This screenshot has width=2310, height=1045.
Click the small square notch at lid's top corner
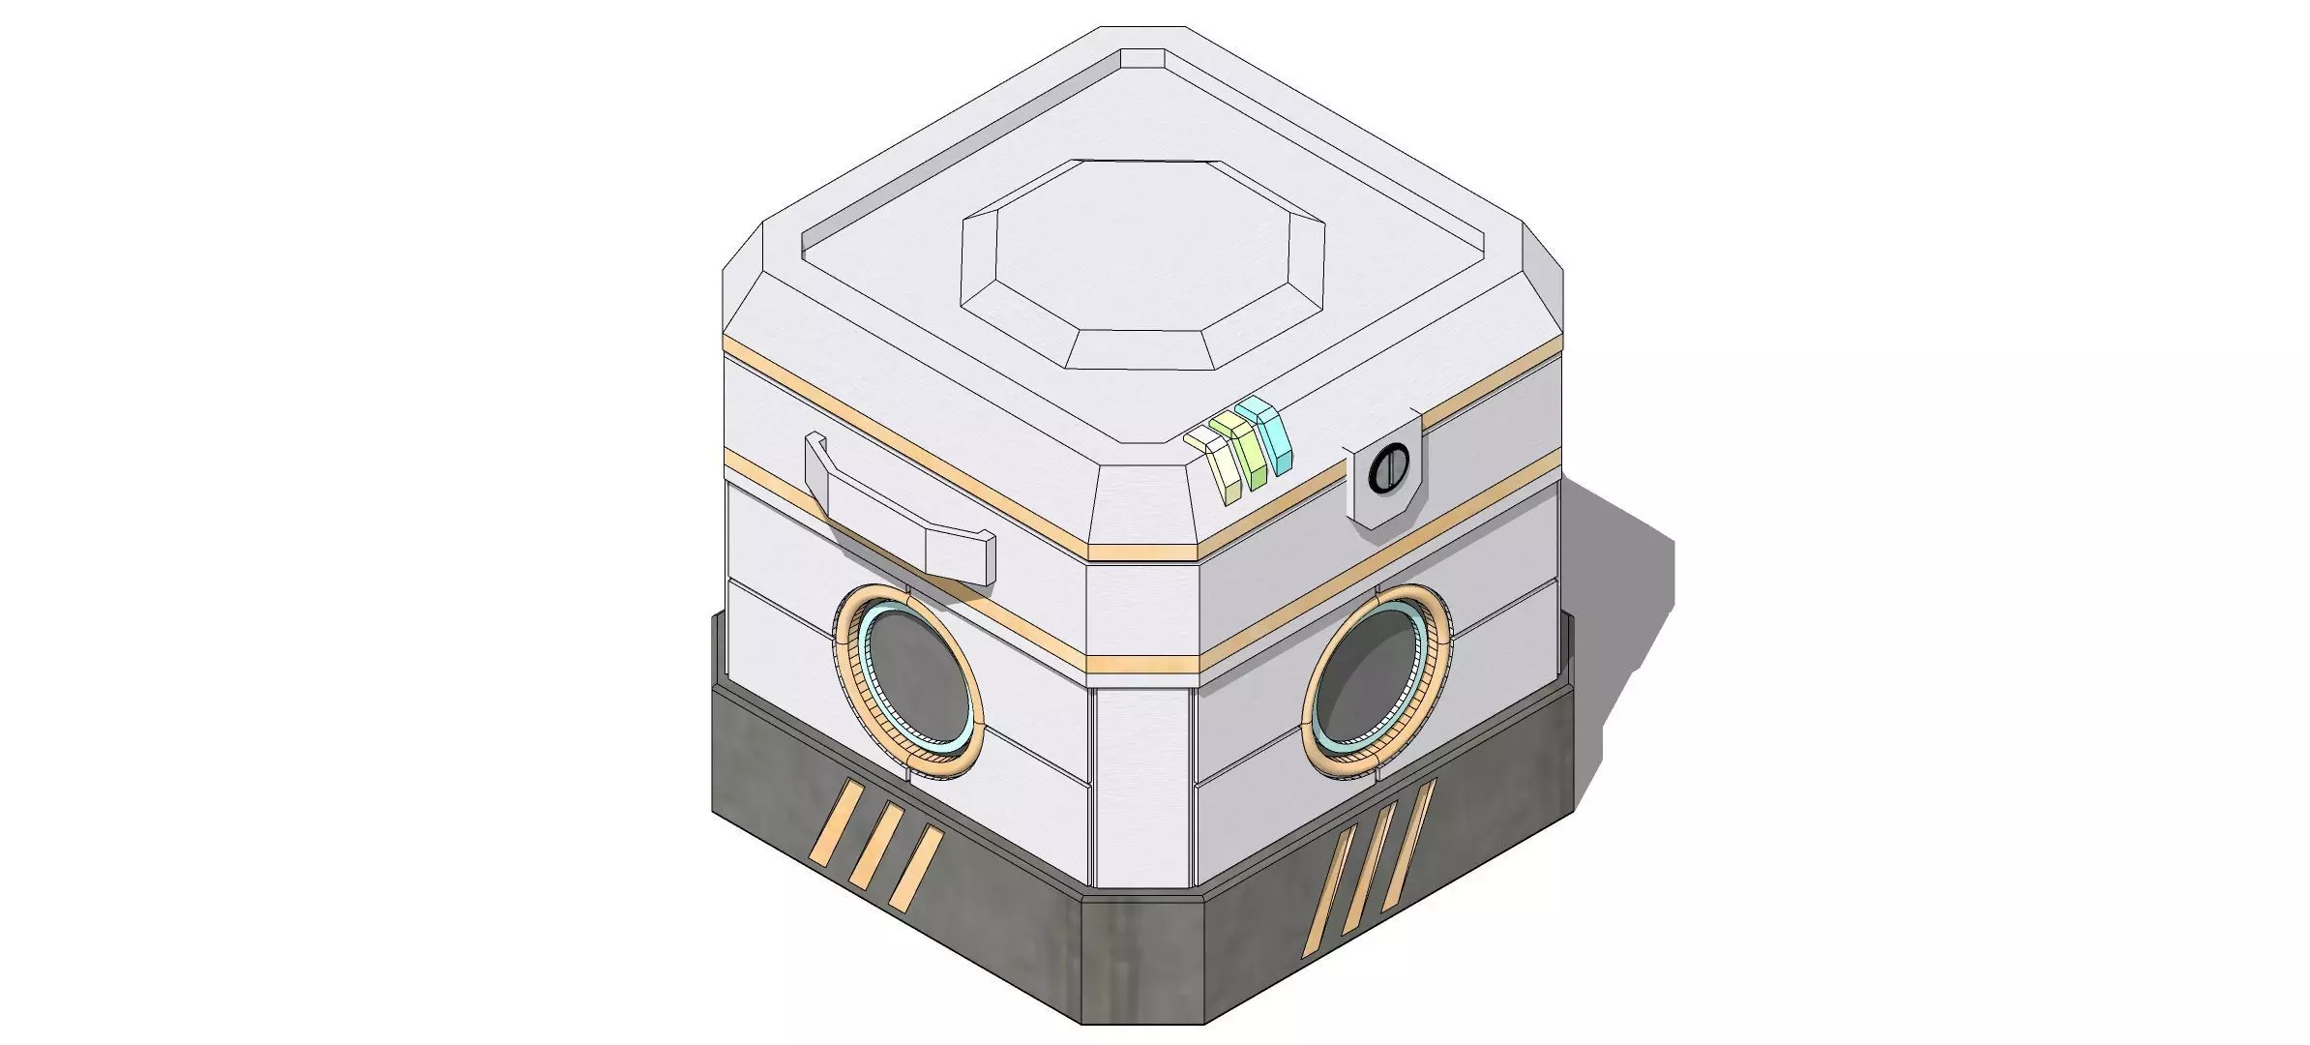(x=1142, y=59)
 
